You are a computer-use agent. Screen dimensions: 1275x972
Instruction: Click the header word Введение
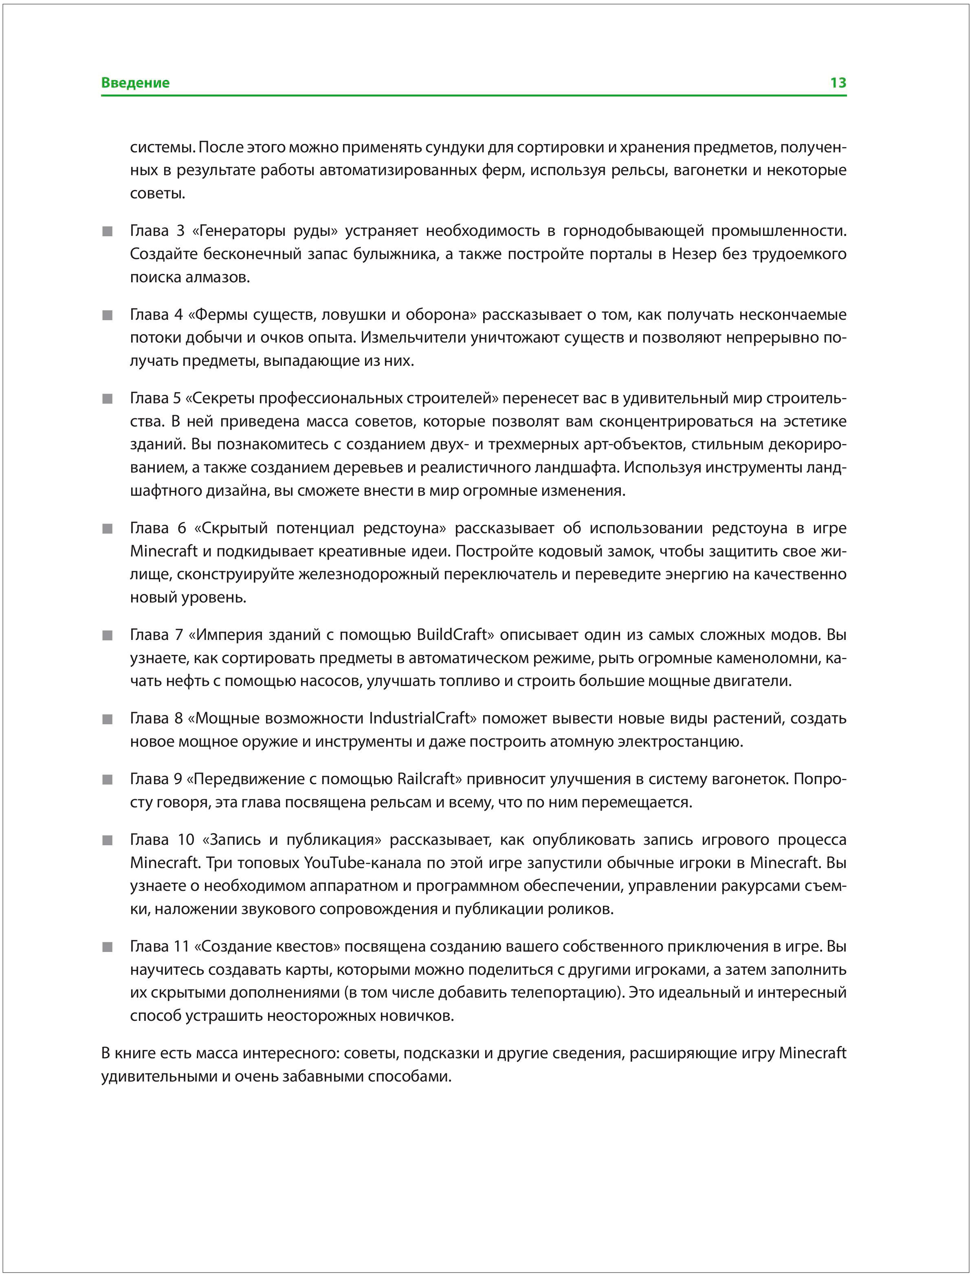click(x=135, y=83)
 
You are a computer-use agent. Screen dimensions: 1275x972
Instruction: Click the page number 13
click(x=838, y=83)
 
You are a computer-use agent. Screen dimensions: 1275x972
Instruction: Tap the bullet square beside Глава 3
click(x=107, y=231)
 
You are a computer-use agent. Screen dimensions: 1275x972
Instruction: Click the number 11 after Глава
click(x=182, y=946)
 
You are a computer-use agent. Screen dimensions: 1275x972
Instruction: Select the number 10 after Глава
click(x=186, y=840)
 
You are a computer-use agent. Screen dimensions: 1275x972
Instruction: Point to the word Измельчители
click(x=413, y=337)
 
